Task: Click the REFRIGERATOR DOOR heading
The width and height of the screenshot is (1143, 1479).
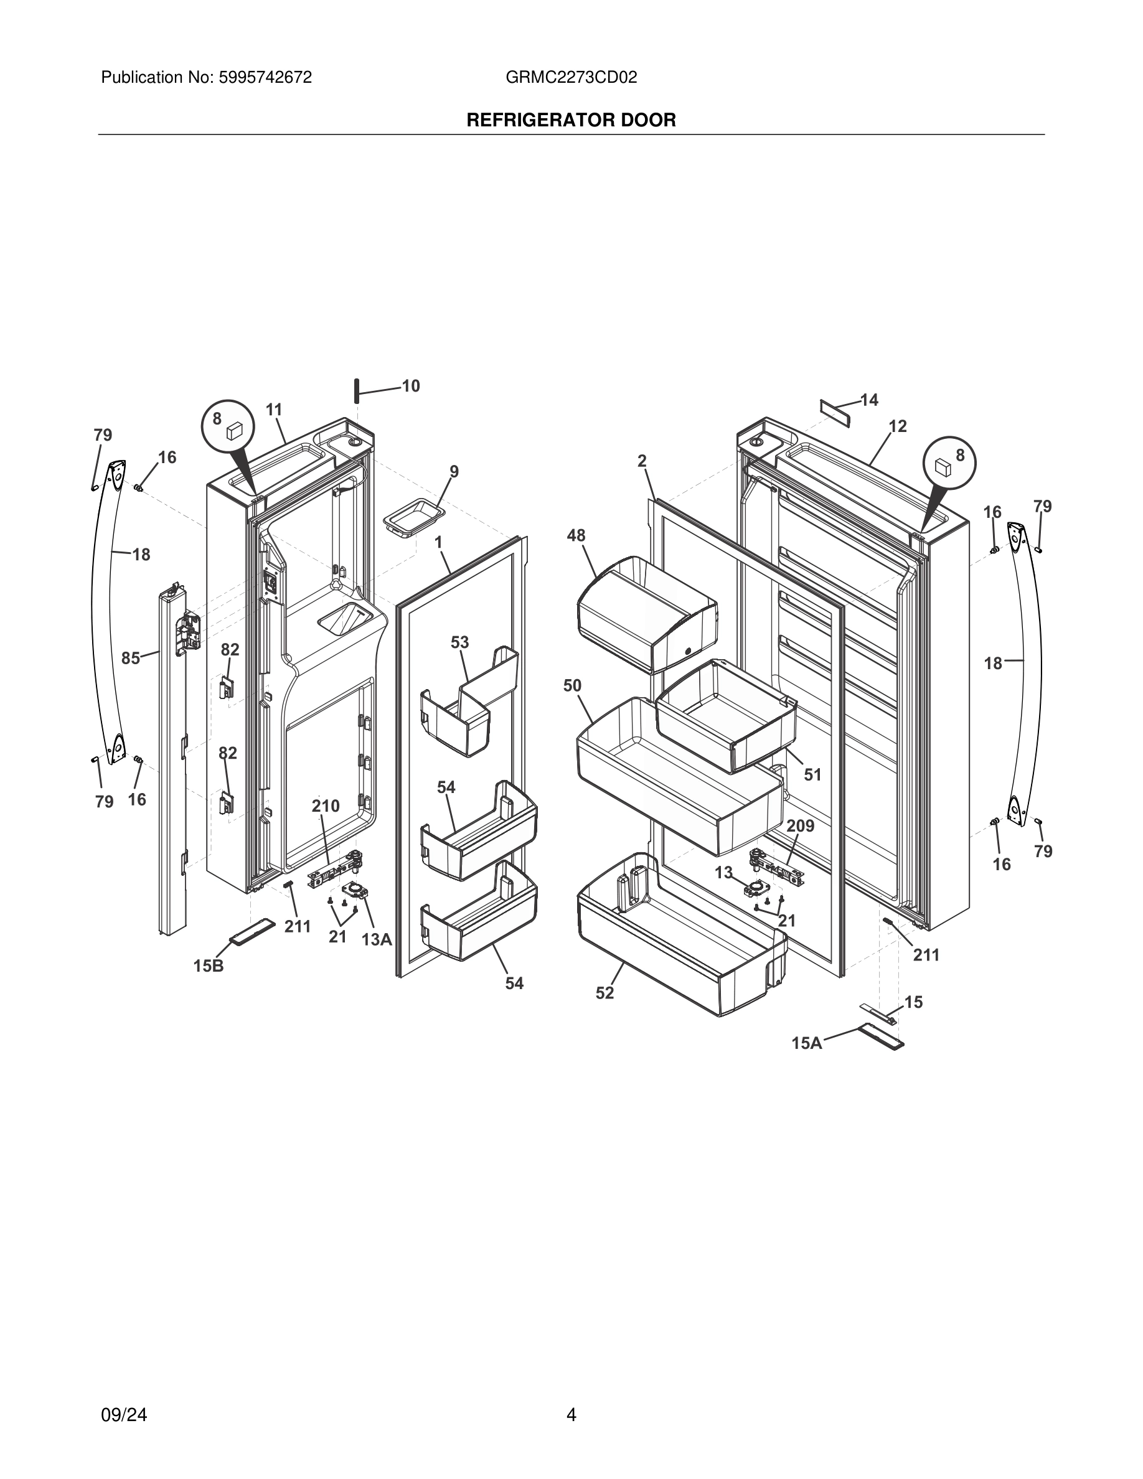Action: tap(571, 121)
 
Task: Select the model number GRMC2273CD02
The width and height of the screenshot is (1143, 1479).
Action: tap(571, 78)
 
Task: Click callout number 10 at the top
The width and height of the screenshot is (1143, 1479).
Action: tap(411, 386)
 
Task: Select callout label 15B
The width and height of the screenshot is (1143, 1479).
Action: tap(209, 966)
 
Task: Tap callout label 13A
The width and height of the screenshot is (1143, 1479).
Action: tap(377, 939)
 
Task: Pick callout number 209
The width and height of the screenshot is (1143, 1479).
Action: tap(801, 826)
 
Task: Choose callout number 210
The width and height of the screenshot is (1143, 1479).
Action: tap(326, 806)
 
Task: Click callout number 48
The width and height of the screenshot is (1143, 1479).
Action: tap(576, 536)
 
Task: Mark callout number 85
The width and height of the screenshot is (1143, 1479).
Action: tap(131, 657)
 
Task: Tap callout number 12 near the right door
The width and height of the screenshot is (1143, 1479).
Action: tap(898, 426)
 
